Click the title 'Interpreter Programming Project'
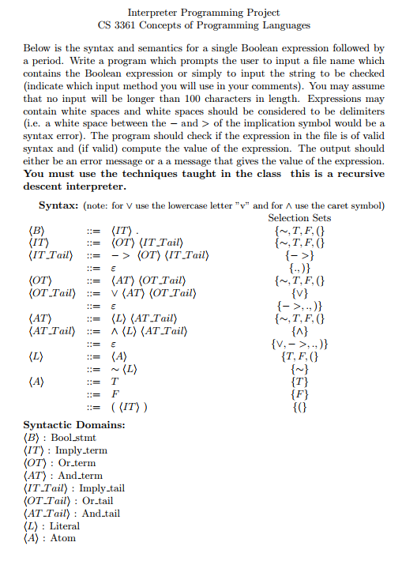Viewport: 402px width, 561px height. pyautogui.click(x=204, y=13)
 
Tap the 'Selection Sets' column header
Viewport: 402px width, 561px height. pyautogui.click(x=299, y=218)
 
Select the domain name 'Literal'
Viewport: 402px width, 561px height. pyautogui.click(x=65, y=525)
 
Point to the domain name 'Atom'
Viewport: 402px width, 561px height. pyautogui.click(x=62, y=538)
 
